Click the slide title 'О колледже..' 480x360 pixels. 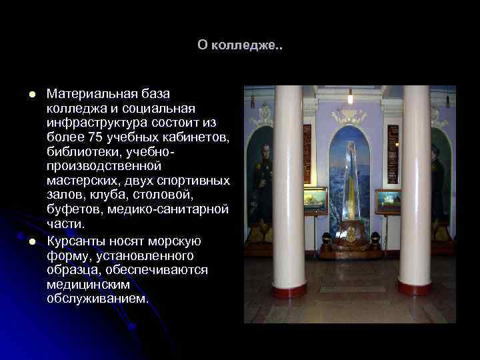click(240, 45)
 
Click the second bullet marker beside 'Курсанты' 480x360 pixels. click(31, 241)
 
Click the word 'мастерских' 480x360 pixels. click(81, 181)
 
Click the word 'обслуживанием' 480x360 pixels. click(97, 299)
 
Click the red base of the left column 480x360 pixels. click(289, 291)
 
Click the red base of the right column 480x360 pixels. click(415, 288)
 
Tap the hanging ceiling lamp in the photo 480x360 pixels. click(350, 97)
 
